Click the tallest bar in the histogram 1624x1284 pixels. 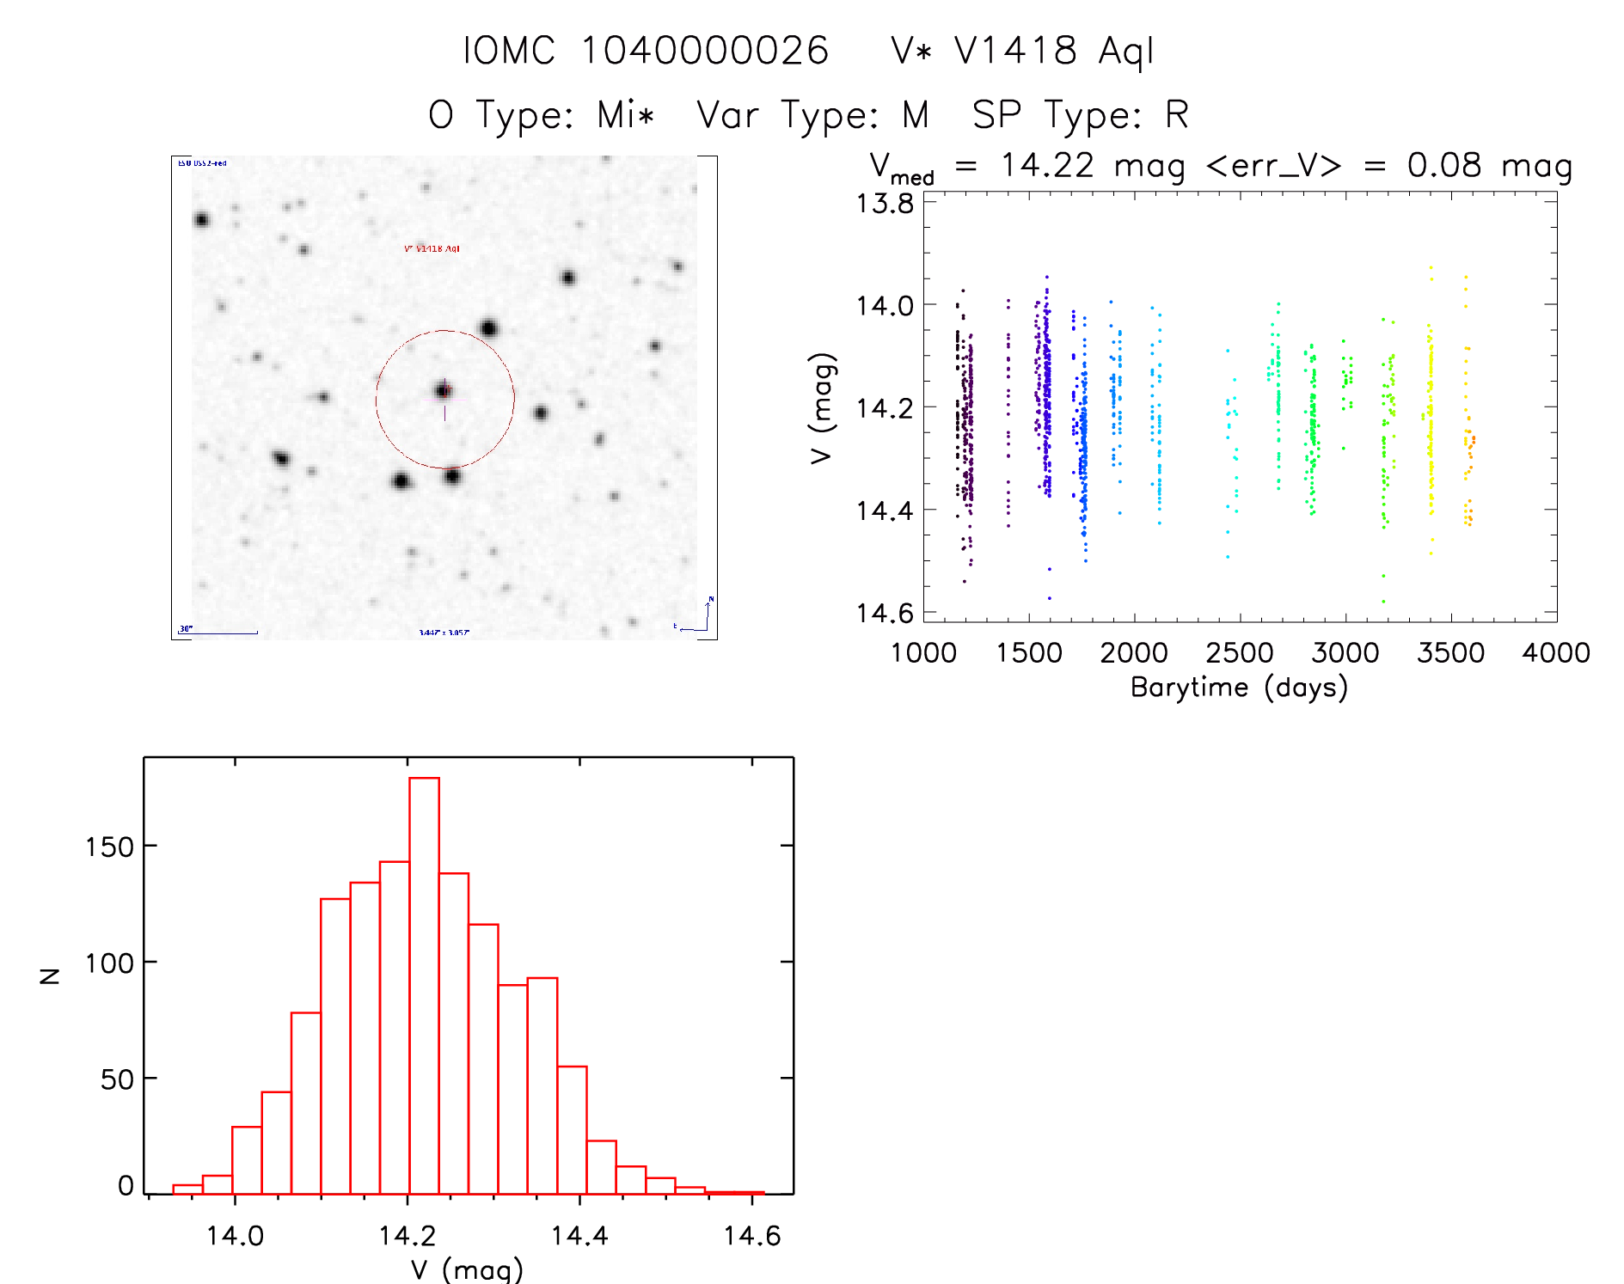pyautogui.click(x=424, y=984)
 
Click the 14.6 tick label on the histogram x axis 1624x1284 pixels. pyautogui.click(x=752, y=1236)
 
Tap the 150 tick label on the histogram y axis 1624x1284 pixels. pyautogui.click(x=109, y=847)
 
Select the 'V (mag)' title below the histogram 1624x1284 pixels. pyautogui.click(x=467, y=1269)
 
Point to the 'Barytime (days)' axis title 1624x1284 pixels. pyautogui.click(x=1239, y=688)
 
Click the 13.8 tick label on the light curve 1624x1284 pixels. pyautogui.click(x=885, y=204)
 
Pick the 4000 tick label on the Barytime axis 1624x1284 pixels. pyautogui.click(x=1556, y=653)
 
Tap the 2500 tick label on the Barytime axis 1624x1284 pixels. pyautogui.click(x=1240, y=653)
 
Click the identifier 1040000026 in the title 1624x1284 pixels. pyautogui.click(x=705, y=51)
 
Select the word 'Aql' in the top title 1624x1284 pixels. pyautogui.click(x=1126, y=51)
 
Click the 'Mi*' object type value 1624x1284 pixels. pyautogui.click(x=626, y=114)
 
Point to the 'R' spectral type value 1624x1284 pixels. pyautogui.click(x=1177, y=114)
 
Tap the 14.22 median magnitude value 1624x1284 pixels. pyautogui.click(x=1047, y=165)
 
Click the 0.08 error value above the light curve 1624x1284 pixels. pyautogui.click(x=1444, y=165)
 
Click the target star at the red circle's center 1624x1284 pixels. pyautogui.click(x=443, y=391)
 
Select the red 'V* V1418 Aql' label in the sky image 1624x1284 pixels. pyautogui.click(x=432, y=248)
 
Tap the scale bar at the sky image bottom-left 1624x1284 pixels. pyautogui.click(x=219, y=633)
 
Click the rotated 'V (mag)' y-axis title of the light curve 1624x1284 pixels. pyautogui.click(x=823, y=408)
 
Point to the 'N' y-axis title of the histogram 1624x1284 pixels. pyautogui.click(x=50, y=975)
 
